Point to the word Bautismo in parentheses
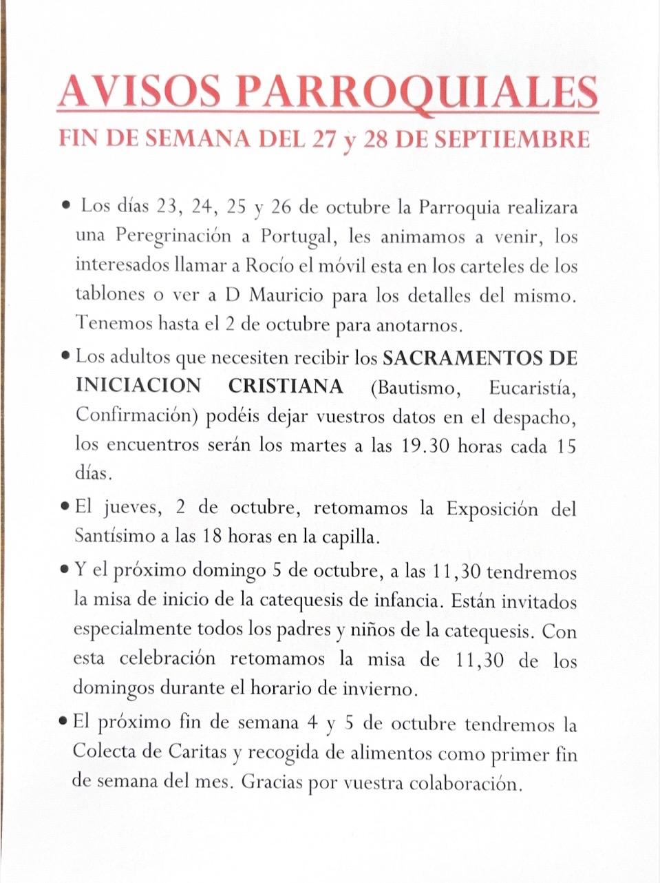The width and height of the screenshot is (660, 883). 413,387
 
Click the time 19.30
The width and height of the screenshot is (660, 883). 424,446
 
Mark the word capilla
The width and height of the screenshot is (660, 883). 353,537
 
